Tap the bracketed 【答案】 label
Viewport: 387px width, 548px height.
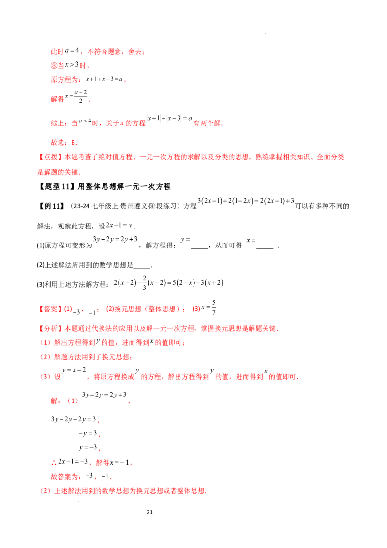click(47, 308)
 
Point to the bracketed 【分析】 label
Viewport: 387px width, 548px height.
click(47, 329)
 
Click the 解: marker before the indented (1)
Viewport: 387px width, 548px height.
click(54, 401)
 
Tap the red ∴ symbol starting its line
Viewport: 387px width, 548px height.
click(53, 463)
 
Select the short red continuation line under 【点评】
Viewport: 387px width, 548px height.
click(59, 172)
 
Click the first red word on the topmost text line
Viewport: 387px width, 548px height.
click(57, 52)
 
